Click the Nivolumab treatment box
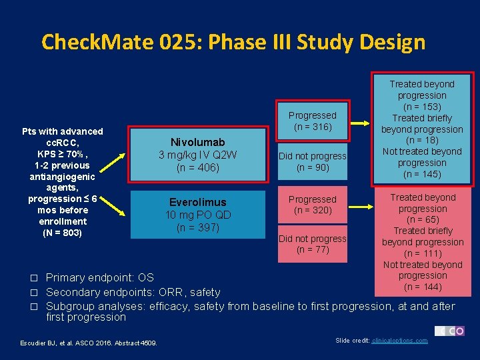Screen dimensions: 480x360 [x=197, y=155]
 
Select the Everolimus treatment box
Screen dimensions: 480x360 [x=197, y=214]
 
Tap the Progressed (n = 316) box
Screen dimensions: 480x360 [x=312, y=121]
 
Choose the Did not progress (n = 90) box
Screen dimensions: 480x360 [x=312, y=161]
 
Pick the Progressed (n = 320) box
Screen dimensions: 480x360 [x=312, y=205]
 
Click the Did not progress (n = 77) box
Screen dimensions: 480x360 [x=312, y=244]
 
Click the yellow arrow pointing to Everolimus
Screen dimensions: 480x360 [x=120, y=208]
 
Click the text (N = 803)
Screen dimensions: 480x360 [x=62, y=233]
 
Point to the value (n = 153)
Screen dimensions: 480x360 [x=422, y=107]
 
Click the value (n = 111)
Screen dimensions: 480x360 [x=422, y=253]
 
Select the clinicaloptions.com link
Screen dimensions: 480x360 [x=400, y=341]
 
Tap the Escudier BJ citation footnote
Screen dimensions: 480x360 [x=84, y=343]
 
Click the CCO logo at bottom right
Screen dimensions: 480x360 [x=449, y=331]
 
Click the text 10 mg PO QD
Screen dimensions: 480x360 [x=197, y=215]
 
